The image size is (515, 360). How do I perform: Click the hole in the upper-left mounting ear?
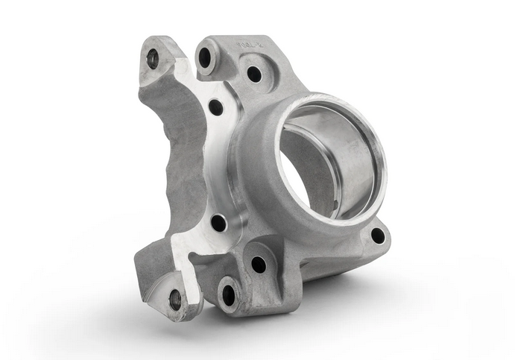(x=153, y=59)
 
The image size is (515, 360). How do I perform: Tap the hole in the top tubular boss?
(x=205, y=57)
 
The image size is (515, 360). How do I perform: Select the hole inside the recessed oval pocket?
(x=254, y=74)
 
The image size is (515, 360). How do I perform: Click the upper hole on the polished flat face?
(x=215, y=107)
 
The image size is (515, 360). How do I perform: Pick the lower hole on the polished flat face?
(x=218, y=222)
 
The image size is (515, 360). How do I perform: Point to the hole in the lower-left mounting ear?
(x=175, y=300)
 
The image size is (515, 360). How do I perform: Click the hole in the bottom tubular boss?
(x=228, y=295)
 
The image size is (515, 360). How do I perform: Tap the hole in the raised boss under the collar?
(x=259, y=264)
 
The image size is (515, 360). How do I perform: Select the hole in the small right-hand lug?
(x=378, y=236)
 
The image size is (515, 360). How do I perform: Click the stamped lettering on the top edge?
(x=248, y=45)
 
